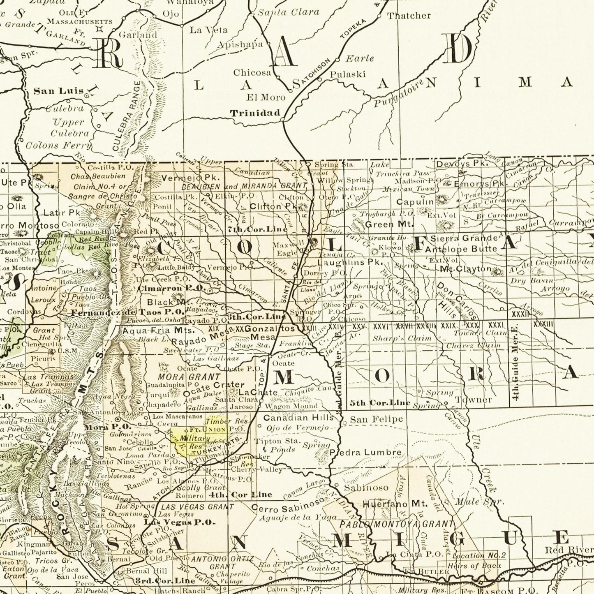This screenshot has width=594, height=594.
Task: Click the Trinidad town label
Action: click(255, 113)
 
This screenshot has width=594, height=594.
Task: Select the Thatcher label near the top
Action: click(409, 16)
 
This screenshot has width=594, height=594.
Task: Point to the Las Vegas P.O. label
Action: click(180, 522)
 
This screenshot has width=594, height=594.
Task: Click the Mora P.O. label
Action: click(107, 427)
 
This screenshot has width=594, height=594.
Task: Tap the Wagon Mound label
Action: click(291, 406)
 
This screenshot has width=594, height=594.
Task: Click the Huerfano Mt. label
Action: click(395, 504)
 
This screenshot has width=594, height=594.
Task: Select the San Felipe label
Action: click(376, 419)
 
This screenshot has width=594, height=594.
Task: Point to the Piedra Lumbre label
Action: click(365, 453)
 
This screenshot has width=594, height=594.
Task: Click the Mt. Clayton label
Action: click(466, 269)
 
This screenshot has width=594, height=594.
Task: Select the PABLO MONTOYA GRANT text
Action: click(397, 524)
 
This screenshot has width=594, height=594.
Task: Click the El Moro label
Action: click(266, 97)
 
